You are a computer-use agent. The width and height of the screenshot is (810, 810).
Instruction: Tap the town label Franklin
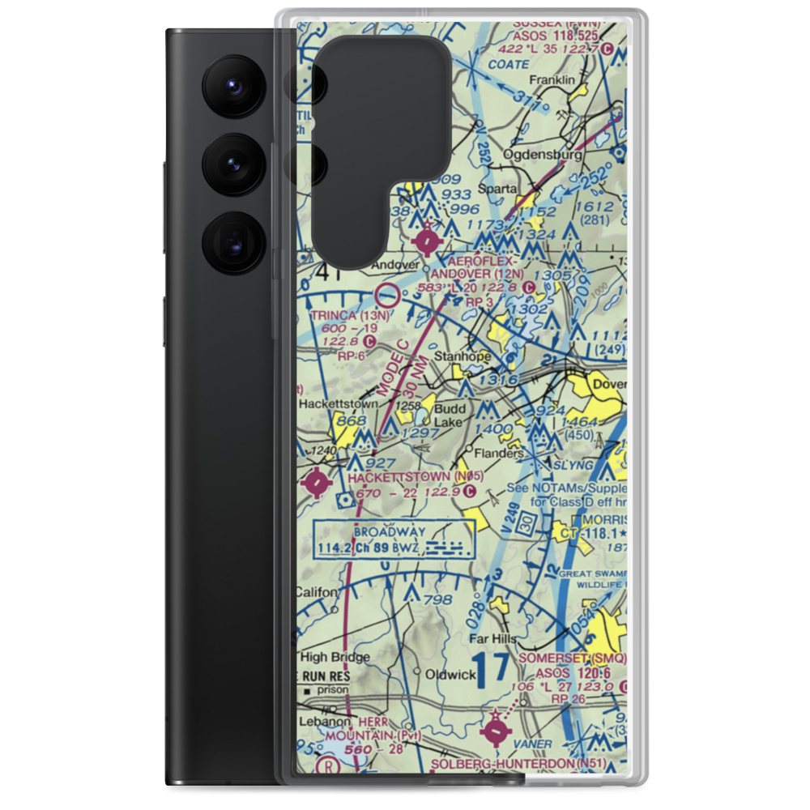[x=552, y=80]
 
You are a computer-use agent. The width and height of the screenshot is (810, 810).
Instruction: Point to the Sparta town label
[x=497, y=188]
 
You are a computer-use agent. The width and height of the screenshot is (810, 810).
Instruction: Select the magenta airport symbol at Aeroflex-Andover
[x=427, y=241]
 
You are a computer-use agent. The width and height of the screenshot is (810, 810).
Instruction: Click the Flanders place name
[x=499, y=454]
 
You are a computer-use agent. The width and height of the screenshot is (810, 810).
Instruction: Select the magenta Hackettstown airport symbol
[x=315, y=484]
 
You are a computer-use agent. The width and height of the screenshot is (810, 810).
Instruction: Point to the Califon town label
[x=317, y=591]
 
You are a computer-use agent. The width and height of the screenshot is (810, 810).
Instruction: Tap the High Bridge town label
[x=335, y=657]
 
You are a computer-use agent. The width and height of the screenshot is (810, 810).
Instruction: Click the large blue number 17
[x=492, y=669]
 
